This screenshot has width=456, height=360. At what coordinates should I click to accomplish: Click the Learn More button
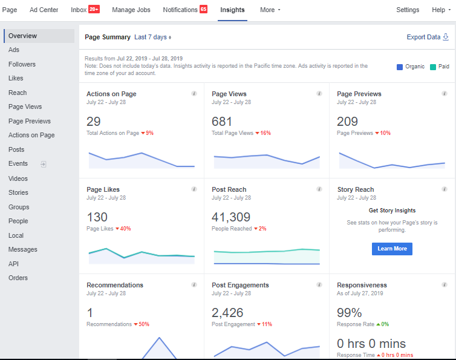392,249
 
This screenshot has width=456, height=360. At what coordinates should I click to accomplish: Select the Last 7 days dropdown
152,37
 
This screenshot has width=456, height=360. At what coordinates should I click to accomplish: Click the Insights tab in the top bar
233,10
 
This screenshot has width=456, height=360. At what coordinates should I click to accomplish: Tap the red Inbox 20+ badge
94,9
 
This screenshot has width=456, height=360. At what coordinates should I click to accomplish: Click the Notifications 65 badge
204,9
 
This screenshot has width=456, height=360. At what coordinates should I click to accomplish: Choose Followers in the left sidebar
22,64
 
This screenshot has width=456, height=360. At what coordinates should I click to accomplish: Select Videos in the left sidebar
18,178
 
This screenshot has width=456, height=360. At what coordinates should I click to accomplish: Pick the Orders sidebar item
18,278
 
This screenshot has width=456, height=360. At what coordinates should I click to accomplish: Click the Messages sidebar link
23,249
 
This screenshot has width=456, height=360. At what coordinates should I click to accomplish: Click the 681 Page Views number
222,122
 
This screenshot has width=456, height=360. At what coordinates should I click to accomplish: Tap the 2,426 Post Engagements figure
227,312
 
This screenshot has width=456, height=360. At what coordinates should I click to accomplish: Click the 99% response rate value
349,312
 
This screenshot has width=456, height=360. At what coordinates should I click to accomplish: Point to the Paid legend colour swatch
433,67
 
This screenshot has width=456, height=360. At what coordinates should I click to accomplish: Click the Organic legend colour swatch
400,67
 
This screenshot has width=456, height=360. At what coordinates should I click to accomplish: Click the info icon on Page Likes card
194,189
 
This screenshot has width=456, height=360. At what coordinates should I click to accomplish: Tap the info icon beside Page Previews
445,94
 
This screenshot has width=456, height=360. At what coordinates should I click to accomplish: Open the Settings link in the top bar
408,10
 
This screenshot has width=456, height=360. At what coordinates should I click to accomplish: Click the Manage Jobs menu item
132,10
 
